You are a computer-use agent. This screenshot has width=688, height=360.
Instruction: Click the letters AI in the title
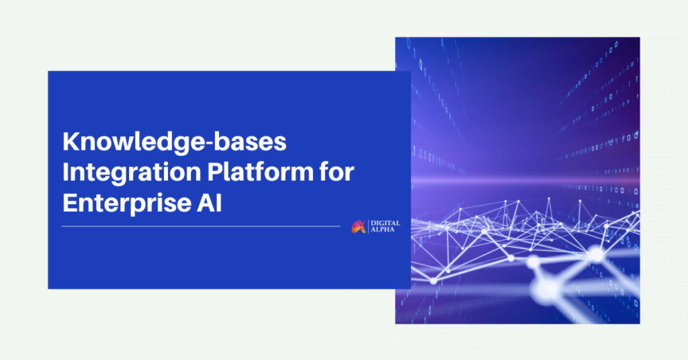[210, 203]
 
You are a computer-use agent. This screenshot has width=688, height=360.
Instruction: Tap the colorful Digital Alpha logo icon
[359, 227]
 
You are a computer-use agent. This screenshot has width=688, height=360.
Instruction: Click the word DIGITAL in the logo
[385, 223]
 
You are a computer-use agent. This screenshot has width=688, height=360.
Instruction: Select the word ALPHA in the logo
[382, 229]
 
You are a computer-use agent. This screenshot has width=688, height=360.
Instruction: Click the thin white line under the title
[201, 226]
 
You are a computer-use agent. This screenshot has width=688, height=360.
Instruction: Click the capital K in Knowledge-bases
[71, 142]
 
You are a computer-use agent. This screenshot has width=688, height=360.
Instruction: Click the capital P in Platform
[215, 173]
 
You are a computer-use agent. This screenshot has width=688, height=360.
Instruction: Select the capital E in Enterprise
[70, 203]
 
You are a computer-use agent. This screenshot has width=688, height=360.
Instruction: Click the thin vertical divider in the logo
[368, 226]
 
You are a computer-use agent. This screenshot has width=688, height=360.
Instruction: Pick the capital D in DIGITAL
[374, 223]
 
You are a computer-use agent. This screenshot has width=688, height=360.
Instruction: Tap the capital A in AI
[206, 203]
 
